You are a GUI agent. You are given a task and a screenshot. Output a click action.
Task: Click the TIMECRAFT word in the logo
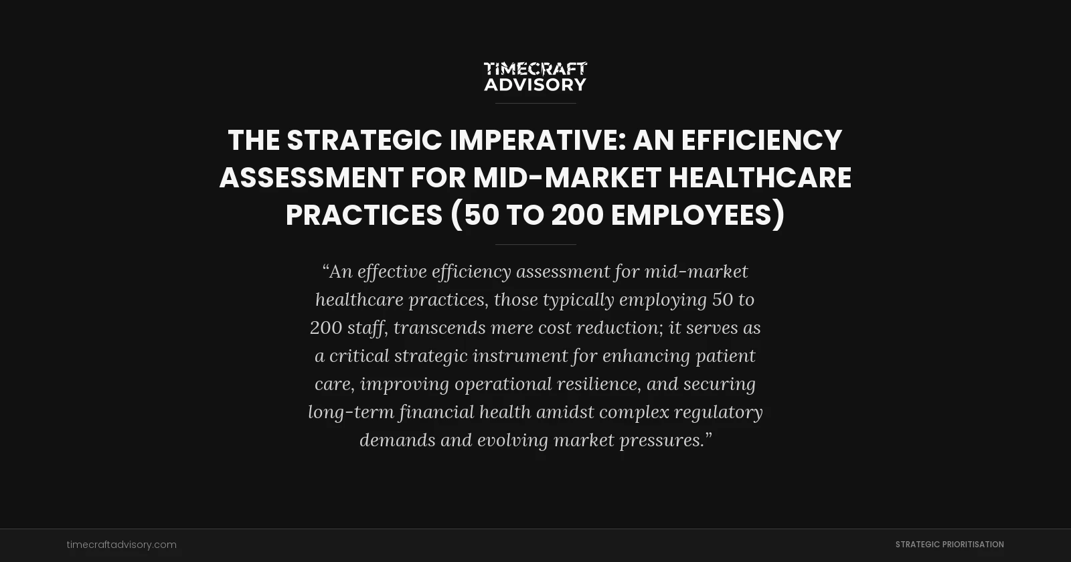coord(535,69)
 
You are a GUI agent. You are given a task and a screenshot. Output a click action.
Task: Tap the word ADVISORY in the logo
coord(535,85)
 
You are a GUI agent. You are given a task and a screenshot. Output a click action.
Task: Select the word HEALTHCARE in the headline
coord(760,178)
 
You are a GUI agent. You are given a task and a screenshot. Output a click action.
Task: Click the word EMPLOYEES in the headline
coord(697,215)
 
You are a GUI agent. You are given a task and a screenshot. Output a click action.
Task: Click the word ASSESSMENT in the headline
coord(311,178)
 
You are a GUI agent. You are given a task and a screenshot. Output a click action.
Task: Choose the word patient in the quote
coord(726,356)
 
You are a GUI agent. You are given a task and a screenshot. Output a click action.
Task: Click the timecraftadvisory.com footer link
coord(122,545)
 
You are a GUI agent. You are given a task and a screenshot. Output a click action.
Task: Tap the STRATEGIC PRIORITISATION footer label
coord(949,545)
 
